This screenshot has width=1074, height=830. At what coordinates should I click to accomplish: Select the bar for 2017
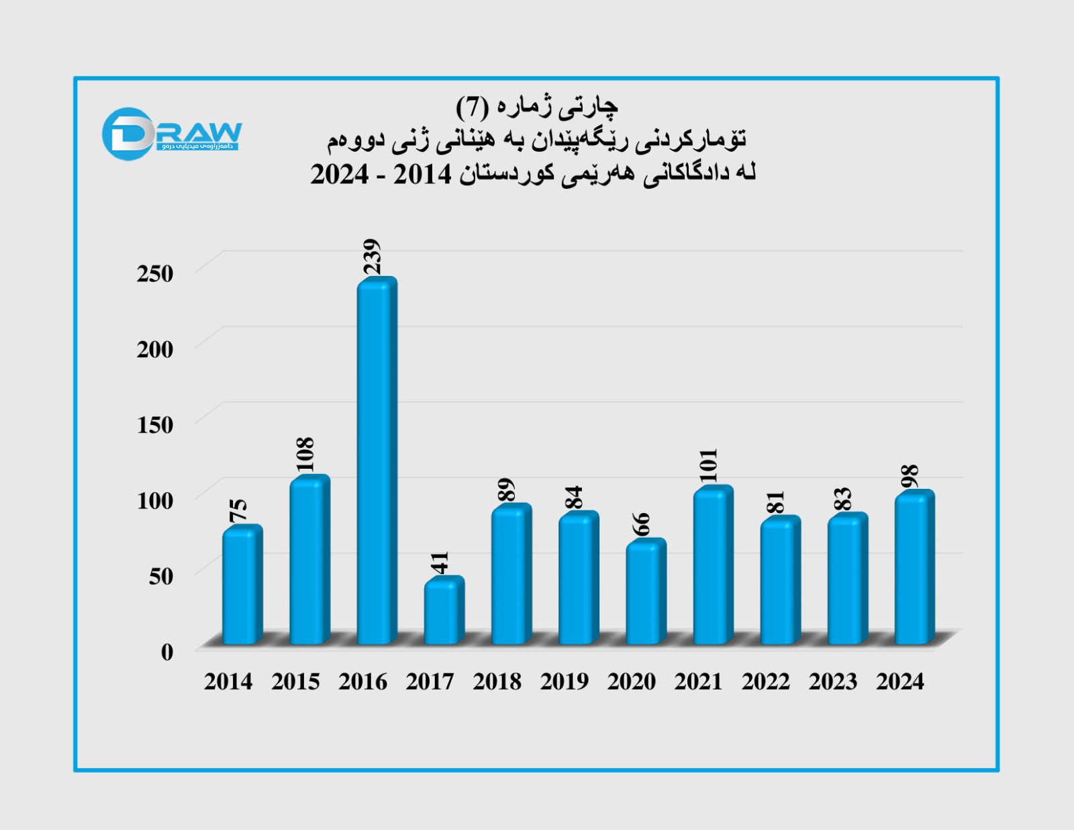coord(443,611)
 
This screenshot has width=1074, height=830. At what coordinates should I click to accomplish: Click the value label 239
coord(371,257)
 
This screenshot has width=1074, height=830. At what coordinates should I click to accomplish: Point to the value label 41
coord(439,562)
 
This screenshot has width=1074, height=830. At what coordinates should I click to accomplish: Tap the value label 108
coord(304,455)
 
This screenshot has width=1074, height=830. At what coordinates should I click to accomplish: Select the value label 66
coord(641,524)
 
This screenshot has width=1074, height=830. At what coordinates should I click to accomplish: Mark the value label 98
coord(910,476)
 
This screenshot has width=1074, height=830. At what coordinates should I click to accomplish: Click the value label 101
coord(707,465)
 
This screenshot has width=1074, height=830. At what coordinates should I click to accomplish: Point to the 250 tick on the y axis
coord(155,274)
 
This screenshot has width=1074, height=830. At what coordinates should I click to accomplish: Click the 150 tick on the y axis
coord(155,425)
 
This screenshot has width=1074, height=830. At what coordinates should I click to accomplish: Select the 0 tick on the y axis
coord(167,651)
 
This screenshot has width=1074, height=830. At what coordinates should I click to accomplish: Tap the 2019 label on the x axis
coord(564,682)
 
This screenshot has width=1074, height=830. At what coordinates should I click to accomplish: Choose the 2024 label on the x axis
coord(899,682)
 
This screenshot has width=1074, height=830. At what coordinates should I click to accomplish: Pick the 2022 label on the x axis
coord(765,682)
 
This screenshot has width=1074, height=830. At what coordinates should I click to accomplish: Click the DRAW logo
coord(171,134)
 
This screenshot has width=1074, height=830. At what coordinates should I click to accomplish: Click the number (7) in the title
coord(471,106)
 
